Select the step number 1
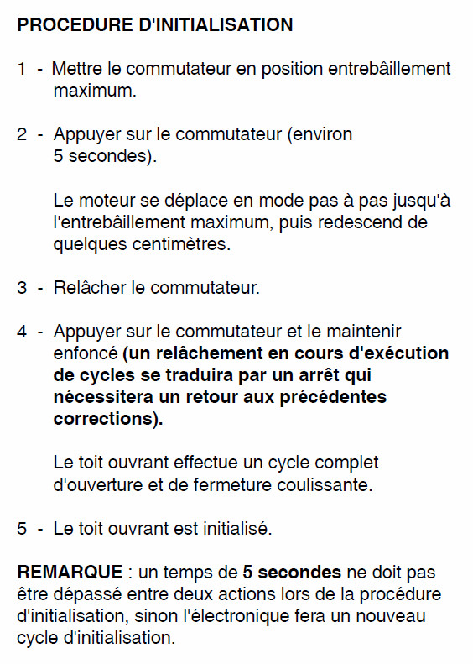tap(22, 69)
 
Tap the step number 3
tap(22, 288)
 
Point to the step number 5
tap(22, 528)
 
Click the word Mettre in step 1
tap(77, 69)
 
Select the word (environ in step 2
tap(320, 134)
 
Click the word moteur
tap(107, 201)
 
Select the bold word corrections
tap(103, 419)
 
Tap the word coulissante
tap(325, 485)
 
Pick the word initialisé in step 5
tap(237, 528)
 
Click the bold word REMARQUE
tap(70, 573)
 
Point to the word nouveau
tap(390, 616)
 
